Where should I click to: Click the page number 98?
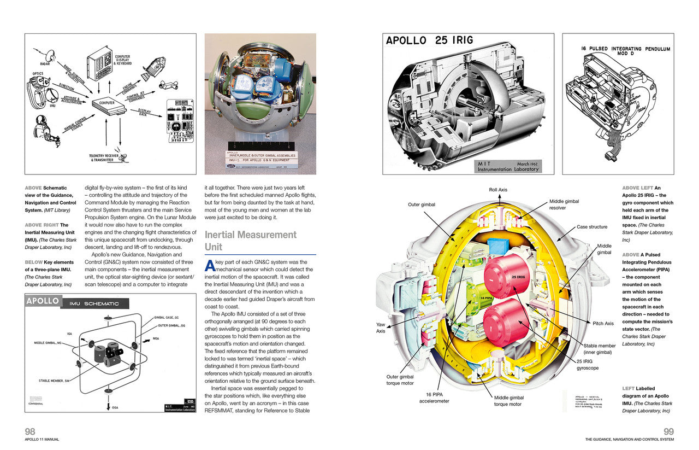click(31, 431)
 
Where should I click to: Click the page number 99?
click(668, 431)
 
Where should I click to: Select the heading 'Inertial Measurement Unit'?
click(250, 241)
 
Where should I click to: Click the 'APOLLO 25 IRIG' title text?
click(430, 40)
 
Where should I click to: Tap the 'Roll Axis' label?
click(499, 190)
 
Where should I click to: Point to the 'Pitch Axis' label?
click(603, 323)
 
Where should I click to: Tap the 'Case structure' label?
click(591, 227)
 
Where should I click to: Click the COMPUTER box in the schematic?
click(108, 103)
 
